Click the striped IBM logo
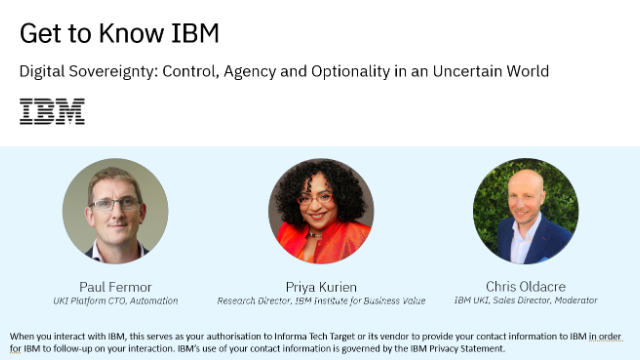tap(52, 111)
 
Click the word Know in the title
tap(131, 33)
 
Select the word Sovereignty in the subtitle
tap(113, 72)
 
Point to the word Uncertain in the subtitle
tap(468, 71)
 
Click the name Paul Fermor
tap(116, 287)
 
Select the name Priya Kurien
tap(321, 287)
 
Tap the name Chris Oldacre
tap(526, 287)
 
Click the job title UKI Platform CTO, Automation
tap(116, 301)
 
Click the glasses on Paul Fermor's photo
tap(115, 204)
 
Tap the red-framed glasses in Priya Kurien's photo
tap(315, 200)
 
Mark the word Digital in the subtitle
tap(42, 72)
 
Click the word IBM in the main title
tap(195, 33)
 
